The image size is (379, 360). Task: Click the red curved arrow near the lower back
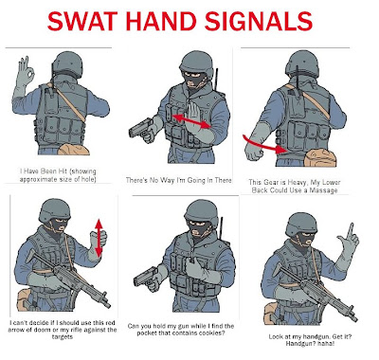point(266,145)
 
